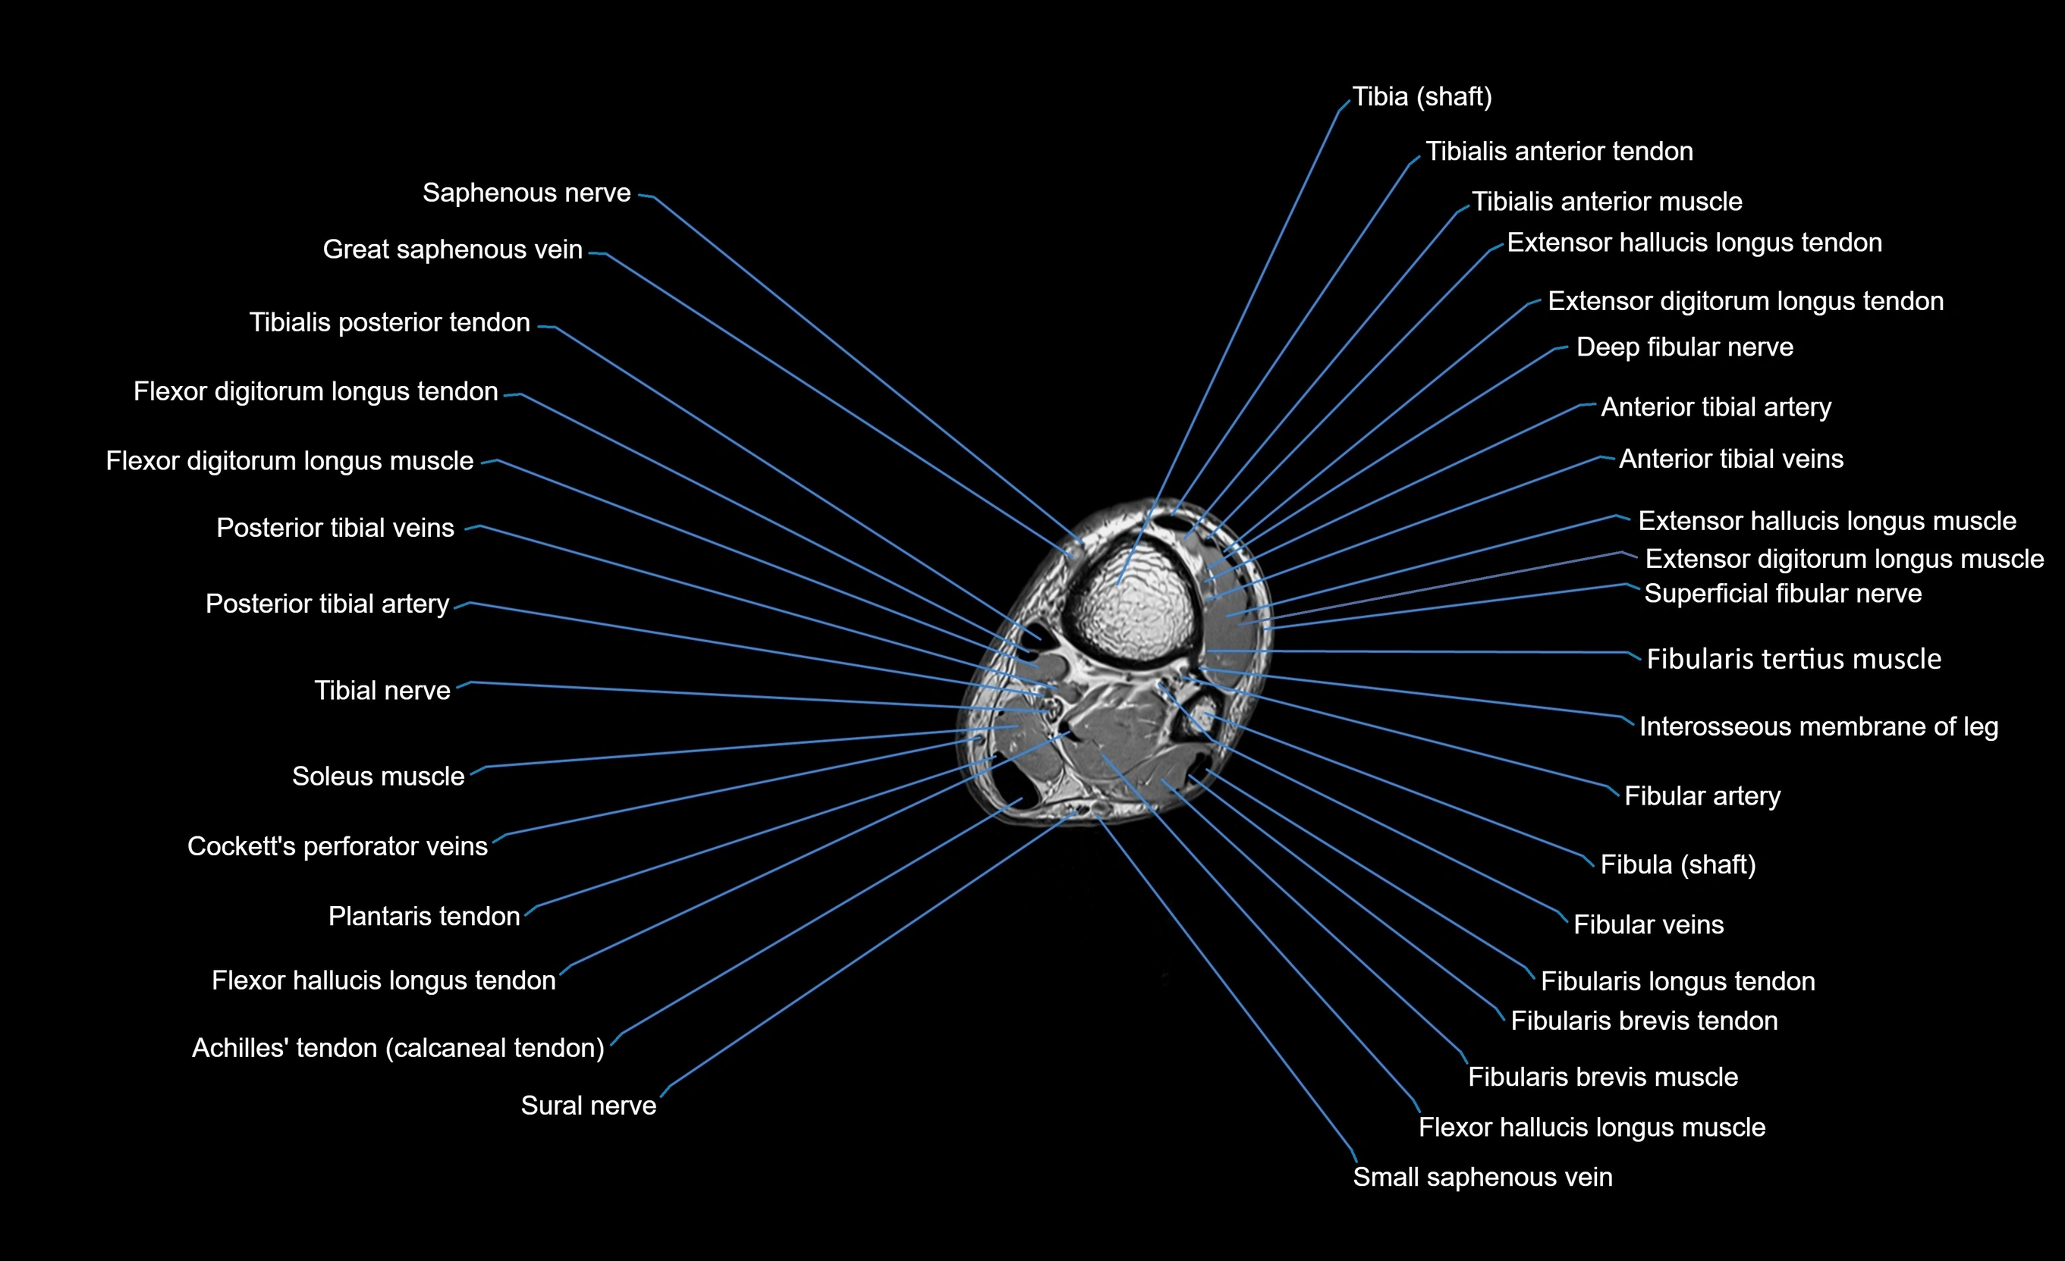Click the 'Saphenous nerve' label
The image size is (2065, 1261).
tap(526, 193)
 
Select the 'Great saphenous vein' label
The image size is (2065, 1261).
tap(453, 249)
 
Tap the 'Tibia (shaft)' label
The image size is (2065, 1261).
tap(1422, 97)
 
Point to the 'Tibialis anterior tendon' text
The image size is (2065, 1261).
tap(1559, 152)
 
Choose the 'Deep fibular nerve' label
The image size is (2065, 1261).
tap(1684, 347)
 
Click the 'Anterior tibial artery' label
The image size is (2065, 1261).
tap(1715, 407)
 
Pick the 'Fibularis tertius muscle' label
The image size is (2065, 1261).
tap(1793, 660)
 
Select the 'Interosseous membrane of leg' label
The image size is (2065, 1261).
tap(1818, 726)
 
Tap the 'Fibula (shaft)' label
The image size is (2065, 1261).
tap(1678, 864)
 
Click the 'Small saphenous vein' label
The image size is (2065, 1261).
tap(1482, 1178)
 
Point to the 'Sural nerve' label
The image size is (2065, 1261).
tap(589, 1106)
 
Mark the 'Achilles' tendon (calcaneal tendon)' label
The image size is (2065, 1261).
tap(398, 1048)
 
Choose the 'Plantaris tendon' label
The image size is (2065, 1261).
tap(424, 917)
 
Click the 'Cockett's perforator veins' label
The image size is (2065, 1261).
tap(337, 846)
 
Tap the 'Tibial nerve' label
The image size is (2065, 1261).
tap(382, 691)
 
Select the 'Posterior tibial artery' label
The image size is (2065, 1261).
tap(328, 604)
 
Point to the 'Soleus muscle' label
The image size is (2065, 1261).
tap(378, 776)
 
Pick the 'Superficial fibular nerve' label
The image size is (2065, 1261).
tap(1783, 594)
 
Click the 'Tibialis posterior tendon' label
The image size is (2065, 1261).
tap(390, 322)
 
